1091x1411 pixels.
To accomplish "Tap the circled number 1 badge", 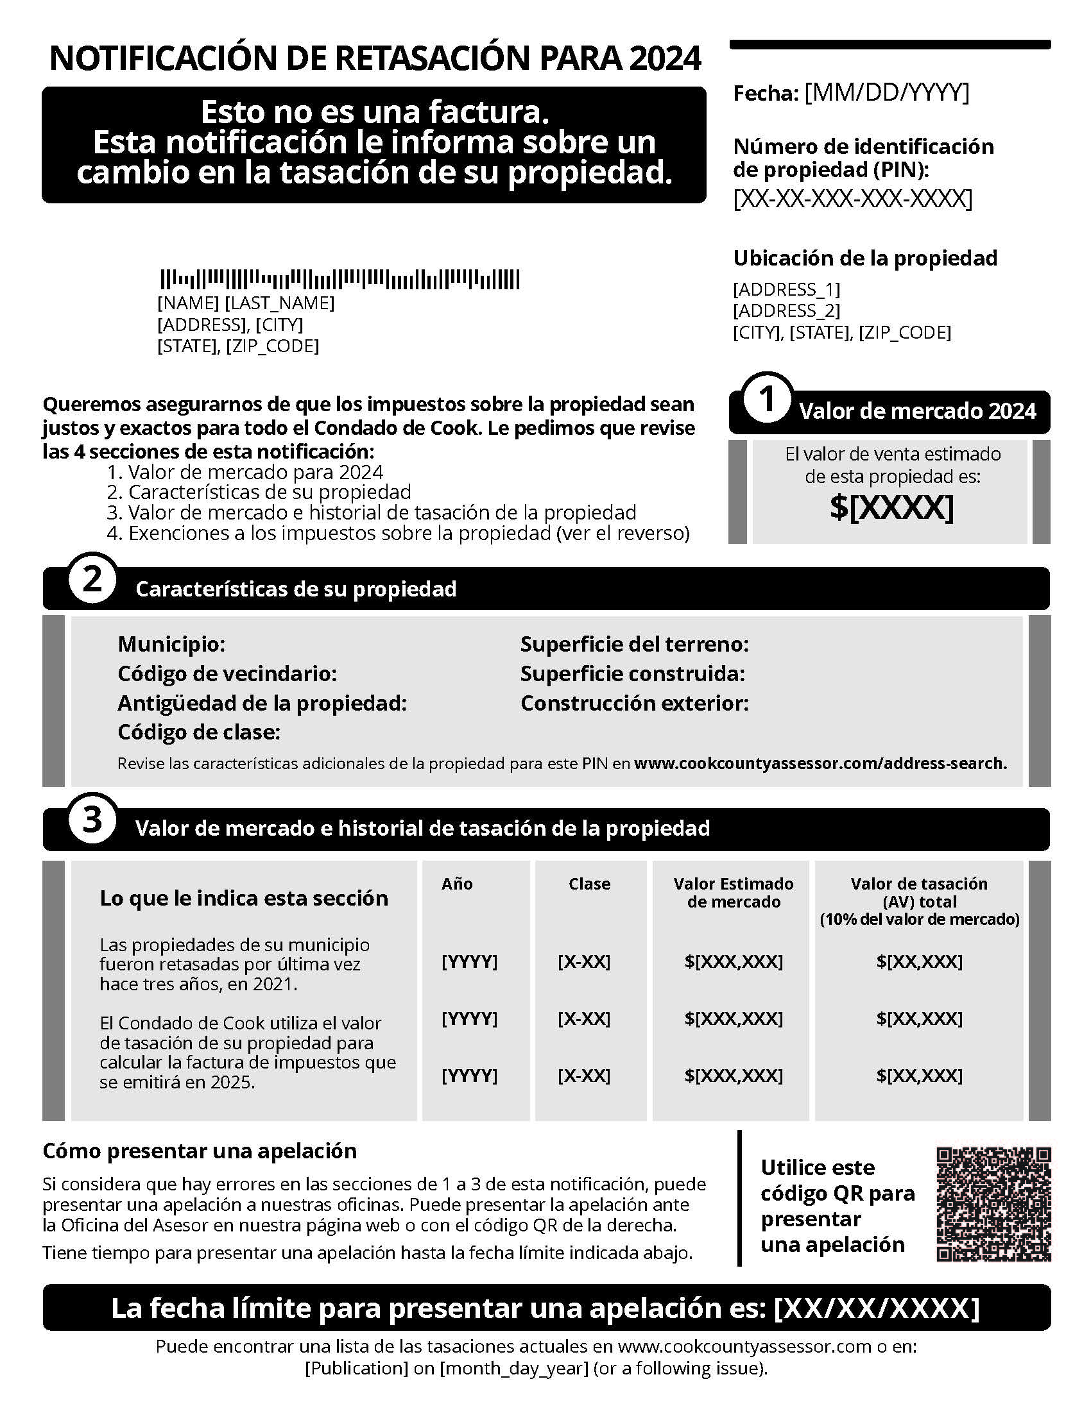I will pos(767,400).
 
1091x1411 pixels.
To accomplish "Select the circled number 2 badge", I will pos(92,580).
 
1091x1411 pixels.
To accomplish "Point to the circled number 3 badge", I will pos(92,820).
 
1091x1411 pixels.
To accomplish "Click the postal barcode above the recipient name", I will pos(340,280).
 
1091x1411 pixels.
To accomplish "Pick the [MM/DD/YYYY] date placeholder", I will pos(887,93).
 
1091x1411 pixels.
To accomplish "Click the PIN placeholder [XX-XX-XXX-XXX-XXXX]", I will pos(852,198).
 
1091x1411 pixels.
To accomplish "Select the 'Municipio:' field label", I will pos(171,644).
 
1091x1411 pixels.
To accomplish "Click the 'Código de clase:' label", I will pos(199,732).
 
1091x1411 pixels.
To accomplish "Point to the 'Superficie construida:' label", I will pos(633,674).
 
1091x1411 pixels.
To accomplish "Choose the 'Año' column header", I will pos(457,884).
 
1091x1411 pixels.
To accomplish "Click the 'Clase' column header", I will pos(588,884).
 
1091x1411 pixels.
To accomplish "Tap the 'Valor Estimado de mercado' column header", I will pos(734,893).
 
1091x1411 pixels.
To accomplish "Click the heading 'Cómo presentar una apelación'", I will pos(200,1151).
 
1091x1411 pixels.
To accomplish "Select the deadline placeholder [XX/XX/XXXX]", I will pos(877,1308).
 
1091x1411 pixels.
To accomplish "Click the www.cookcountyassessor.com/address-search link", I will pos(820,763).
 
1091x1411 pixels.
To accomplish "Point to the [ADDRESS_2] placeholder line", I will pos(787,311).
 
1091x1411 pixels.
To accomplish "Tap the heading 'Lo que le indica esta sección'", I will pos(244,898).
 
